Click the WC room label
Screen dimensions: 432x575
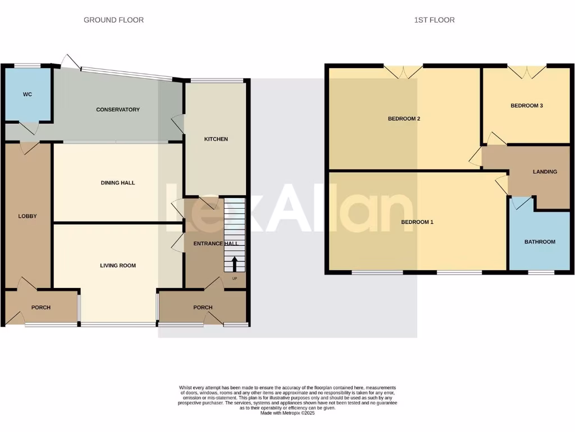click(28, 94)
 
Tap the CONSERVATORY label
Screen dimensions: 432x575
click(118, 110)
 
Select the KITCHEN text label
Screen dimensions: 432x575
click(216, 139)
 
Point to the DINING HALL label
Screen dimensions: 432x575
click(118, 183)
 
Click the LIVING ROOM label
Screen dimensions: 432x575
click(118, 265)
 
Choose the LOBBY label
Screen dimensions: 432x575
click(28, 216)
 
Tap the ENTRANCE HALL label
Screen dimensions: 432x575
click(216, 244)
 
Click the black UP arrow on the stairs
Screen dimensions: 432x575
click(234, 264)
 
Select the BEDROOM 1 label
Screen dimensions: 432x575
click(417, 222)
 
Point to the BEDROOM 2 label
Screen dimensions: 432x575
click(404, 119)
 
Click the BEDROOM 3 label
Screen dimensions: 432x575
click(526, 105)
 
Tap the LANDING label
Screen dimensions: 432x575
click(545, 172)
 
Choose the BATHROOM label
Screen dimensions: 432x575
click(540, 242)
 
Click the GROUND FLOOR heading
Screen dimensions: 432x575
click(113, 20)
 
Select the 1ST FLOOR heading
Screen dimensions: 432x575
click(434, 20)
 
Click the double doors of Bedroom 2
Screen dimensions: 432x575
click(404, 71)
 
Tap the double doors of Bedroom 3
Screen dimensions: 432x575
click(527, 71)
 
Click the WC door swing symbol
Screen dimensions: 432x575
click(29, 128)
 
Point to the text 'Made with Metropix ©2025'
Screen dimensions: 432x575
click(287, 413)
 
